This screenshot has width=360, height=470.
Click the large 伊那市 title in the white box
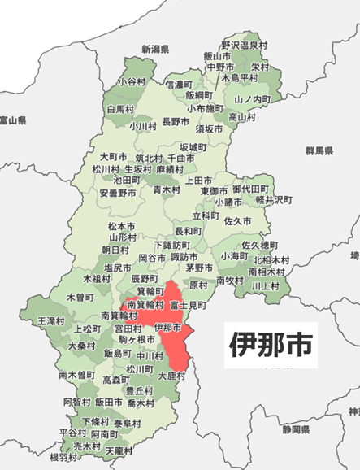point(271,345)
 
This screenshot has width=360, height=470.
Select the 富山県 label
point(14,120)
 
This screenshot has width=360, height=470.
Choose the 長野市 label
point(176,121)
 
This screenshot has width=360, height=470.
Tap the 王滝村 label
point(51,322)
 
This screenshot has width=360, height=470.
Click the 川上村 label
point(266,285)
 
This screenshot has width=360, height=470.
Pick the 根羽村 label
point(63,457)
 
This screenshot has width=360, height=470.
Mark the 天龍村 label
point(119,450)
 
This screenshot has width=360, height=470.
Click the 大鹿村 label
point(171,376)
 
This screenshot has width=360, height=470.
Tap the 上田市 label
point(198,180)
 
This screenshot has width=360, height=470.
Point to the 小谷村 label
point(131,82)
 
